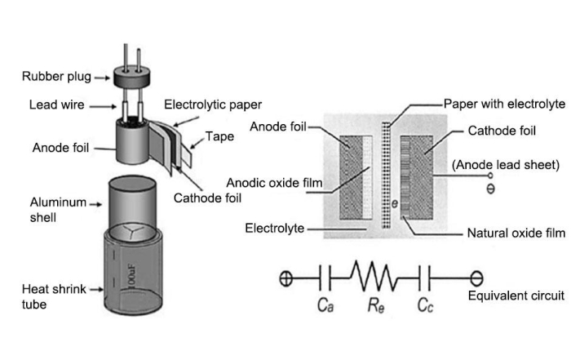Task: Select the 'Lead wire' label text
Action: pyautogui.click(x=55, y=104)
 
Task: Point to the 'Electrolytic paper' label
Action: pyautogui.click(x=213, y=105)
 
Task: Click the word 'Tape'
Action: pyautogui.click(x=219, y=136)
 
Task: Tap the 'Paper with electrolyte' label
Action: pyautogui.click(x=504, y=104)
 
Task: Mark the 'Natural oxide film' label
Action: pyautogui.click(x=516, y=233)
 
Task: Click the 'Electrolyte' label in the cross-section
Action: pyautogui.click(x=273, y=228)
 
